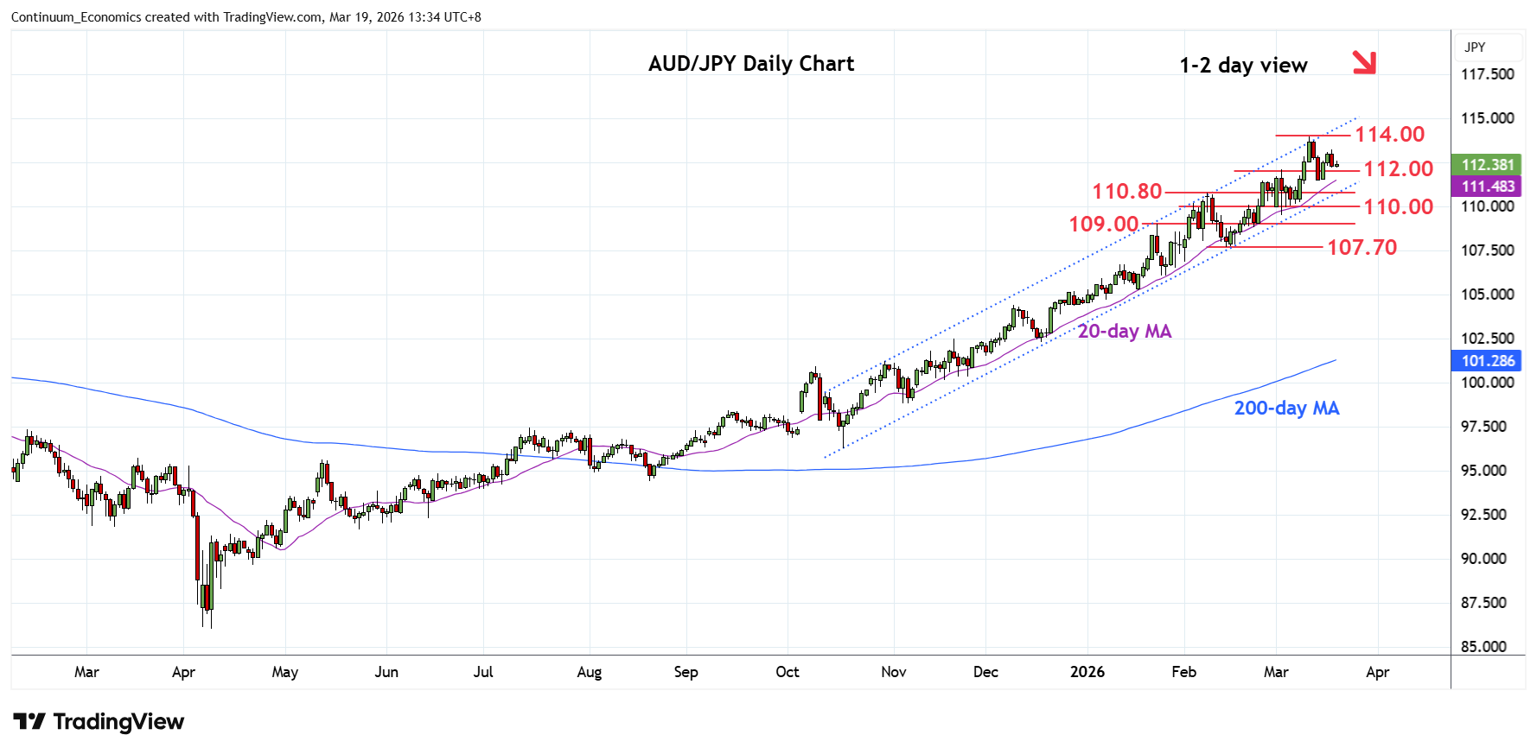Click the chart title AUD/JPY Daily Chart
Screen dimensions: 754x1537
click(750, 64)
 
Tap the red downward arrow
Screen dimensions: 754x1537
click(1363, 61)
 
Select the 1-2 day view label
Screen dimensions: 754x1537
click(1243, 66)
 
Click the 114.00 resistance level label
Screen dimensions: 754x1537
click(1389, 135)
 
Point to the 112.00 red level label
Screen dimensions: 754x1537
click(1398, 169)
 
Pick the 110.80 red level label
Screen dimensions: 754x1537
click(1126, 192)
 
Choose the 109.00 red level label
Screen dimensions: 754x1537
click(1103, 225)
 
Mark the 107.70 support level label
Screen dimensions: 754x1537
click(1362, 248)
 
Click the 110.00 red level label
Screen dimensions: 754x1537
click(1398, 207)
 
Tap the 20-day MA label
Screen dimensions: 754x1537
click(1124, 332)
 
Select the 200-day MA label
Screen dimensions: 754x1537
click(1286, 409)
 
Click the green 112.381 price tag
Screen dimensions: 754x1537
click(1487, 165)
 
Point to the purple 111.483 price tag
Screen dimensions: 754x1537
click(1487, 187)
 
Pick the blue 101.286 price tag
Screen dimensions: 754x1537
click(1487, 361)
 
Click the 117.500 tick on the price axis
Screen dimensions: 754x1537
click(1487, 74)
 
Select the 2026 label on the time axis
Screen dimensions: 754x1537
click(1087, 672)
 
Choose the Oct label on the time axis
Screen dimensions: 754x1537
click(787, 672)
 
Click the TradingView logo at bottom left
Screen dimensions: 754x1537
click(99, 722)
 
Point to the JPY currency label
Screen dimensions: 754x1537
click(1475, 48)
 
